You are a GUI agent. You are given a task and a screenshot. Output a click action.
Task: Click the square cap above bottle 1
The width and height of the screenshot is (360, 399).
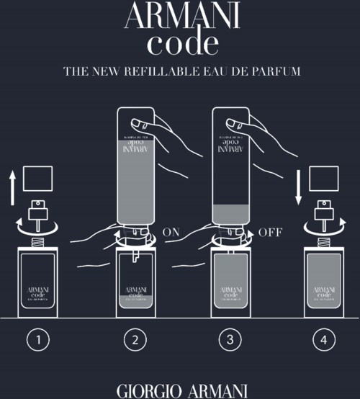coord(39,178)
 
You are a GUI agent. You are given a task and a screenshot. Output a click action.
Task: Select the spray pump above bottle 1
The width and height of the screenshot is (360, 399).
coord(39,212)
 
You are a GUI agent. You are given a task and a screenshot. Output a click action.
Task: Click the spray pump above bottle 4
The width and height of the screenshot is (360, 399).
coord(325,212)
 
